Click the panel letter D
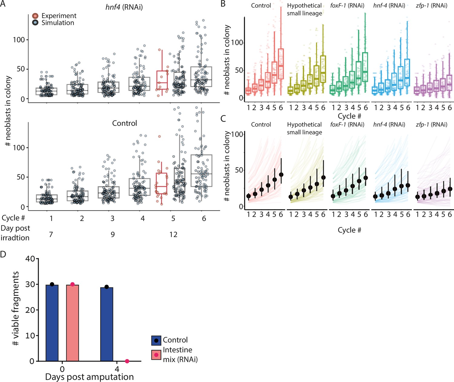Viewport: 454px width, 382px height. point(3,254)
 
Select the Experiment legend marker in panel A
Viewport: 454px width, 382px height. point(35,16)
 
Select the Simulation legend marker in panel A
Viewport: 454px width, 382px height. point(35,23)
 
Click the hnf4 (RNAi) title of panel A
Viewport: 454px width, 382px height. point(124,7)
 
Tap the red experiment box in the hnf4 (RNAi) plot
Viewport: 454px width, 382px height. point(162,80)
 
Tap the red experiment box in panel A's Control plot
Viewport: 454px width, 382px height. point(162,183)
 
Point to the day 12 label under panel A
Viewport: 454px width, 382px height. point(173,235)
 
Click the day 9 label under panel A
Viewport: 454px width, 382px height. point(113,235)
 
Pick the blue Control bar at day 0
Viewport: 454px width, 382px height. point(52,323)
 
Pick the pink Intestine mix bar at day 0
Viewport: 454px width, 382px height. point(72,323)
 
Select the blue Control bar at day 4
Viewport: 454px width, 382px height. point(107,324)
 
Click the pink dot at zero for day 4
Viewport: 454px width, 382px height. point(127,361)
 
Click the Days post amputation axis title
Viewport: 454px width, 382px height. point(89,377)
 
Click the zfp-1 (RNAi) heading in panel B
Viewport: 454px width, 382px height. point(431,5)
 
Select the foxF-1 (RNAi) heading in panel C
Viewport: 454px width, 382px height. point(347,125)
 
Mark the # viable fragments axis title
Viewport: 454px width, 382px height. point(15,308)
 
